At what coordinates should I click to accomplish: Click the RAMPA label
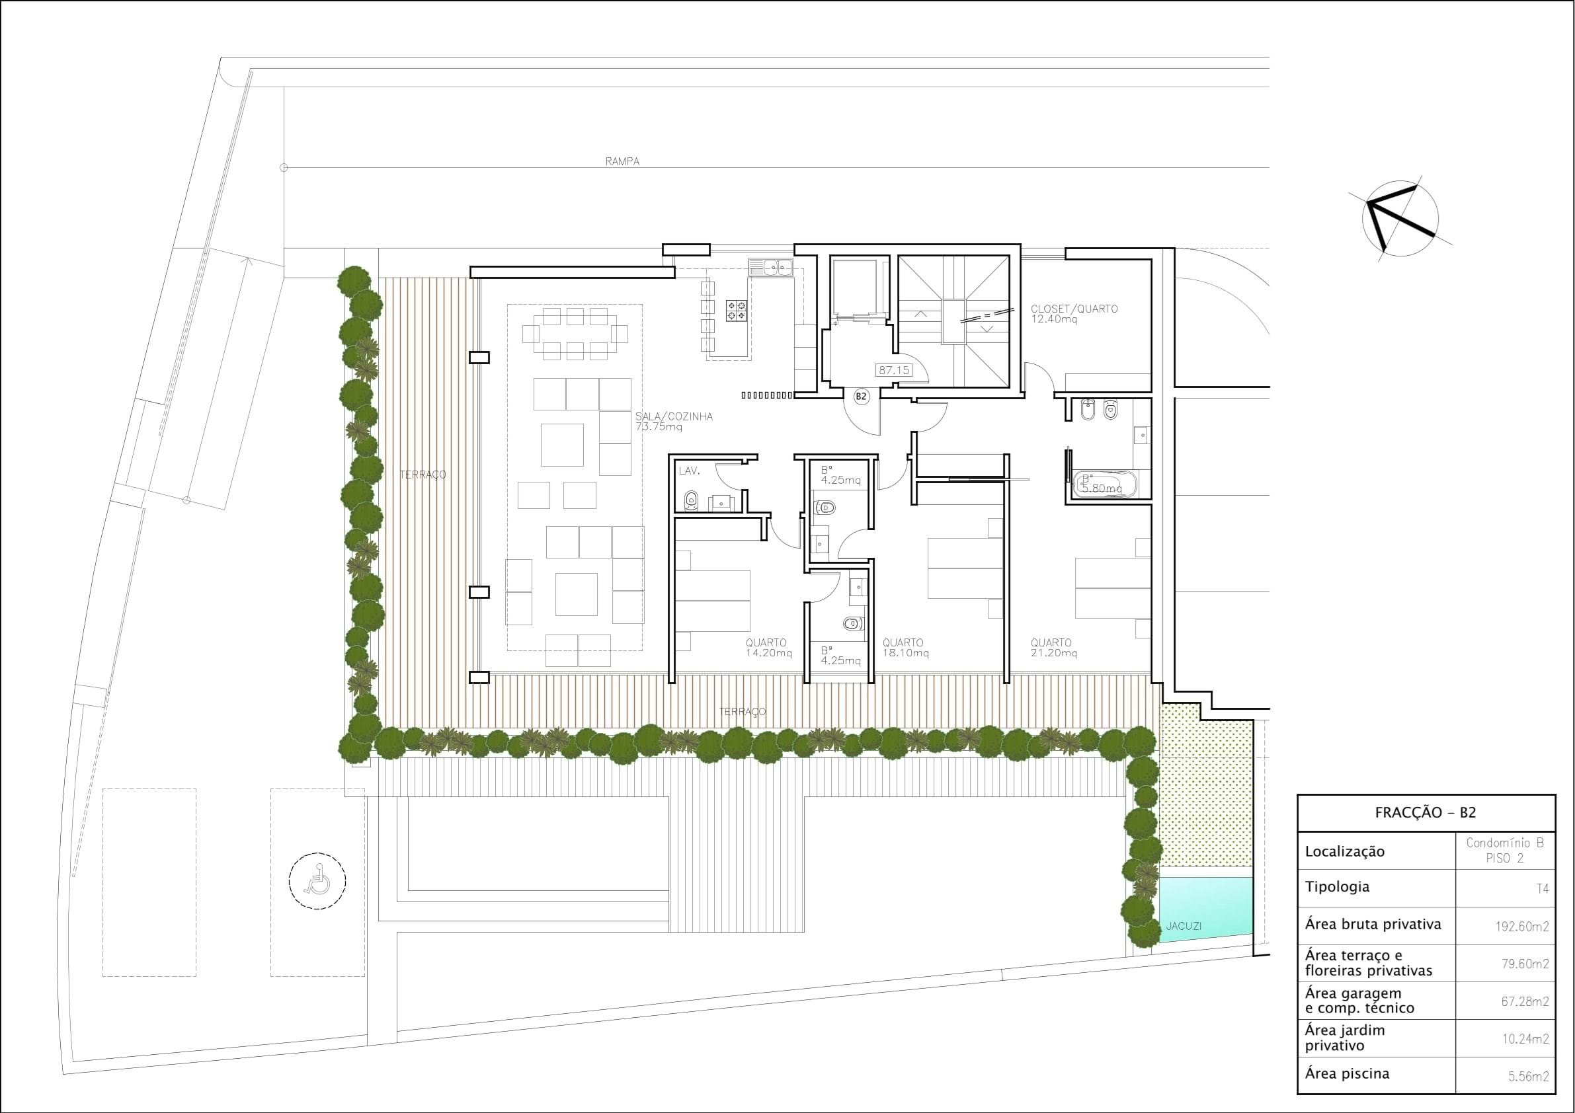coord(622,162)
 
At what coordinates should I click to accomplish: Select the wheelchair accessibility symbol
coord(317,880)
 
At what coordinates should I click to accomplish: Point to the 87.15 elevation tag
coord(894,370)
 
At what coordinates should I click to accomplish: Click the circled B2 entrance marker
coord(861,397)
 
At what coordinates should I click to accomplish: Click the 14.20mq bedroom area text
coord(769,654)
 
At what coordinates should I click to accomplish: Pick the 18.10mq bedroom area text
coord(905,654)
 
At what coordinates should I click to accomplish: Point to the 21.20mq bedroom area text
coord(1054,654)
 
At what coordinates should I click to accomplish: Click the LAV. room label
coord(689,471)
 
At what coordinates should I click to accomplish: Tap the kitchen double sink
coord(770,266)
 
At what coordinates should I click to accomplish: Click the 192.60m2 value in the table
coord(1522,927)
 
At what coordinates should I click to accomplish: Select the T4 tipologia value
coord(1542,890)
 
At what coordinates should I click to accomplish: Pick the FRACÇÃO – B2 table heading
coord(1426,813)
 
